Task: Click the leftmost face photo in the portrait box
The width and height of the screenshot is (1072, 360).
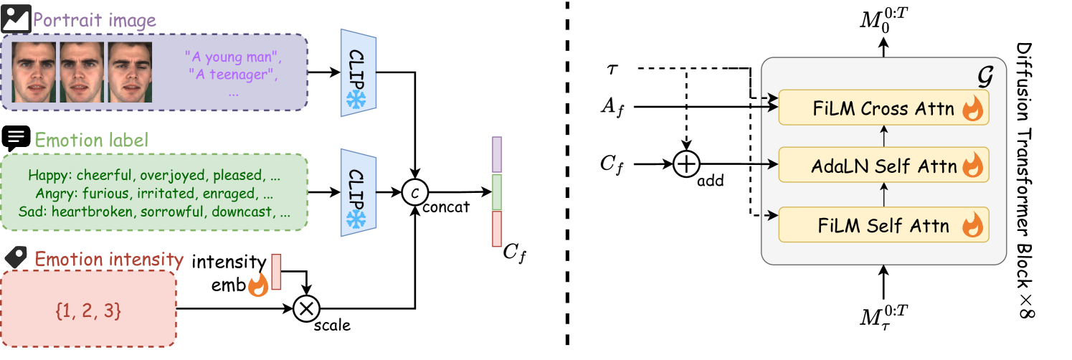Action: [x=35, y=72]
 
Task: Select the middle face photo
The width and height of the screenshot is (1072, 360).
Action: [x=82, y=72]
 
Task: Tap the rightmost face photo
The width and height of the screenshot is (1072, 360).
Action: [x=130, y=72]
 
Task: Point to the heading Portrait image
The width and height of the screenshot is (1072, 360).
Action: [x=95, y=20]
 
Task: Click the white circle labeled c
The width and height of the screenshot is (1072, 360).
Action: [x=414, y=192]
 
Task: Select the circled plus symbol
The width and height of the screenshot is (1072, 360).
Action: [x=686, y=165]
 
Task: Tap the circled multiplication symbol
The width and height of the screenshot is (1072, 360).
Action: [x=306, y=309]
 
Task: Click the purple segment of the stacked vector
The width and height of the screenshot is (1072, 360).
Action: [x=497, y=155]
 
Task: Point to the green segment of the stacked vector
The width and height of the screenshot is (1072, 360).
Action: [x=497, y=192]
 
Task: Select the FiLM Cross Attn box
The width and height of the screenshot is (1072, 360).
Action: [x=883, y=108]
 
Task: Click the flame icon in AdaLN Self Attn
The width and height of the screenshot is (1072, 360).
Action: [x=972, y=166]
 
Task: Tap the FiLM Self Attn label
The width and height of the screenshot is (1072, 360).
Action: [x=883, y=226]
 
